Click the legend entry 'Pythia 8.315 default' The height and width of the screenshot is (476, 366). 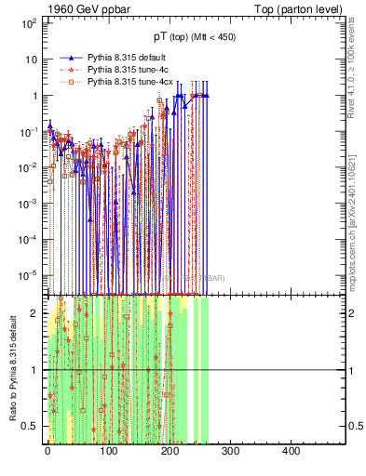(129, 57)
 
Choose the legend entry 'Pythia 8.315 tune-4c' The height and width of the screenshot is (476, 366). (129, 70)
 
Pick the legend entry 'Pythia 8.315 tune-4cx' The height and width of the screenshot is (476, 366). (131, 82)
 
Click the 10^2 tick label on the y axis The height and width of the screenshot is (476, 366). (27, 23)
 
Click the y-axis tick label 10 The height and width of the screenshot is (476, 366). (30, 59)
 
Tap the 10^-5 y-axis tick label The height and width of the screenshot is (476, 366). (27, 275)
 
